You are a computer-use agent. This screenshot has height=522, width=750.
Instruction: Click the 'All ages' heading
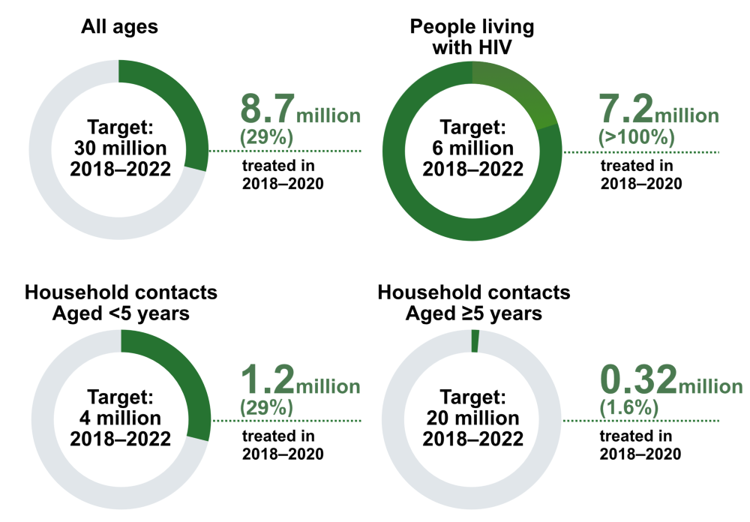[x=119, y=28]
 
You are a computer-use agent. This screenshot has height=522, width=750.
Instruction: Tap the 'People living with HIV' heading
[x=472, y=37]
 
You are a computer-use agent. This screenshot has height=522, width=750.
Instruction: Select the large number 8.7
[x=267, y=110]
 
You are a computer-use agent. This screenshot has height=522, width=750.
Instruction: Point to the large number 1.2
[x=267, y=380]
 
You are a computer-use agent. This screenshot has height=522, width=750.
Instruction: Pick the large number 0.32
[x=638, y=380]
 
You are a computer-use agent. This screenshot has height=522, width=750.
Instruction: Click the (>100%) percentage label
[x=637, y=138]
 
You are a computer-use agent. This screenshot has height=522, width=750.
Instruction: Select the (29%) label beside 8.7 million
[x=266, y=138]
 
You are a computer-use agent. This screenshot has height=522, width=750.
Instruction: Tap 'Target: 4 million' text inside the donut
[x=120, y=417]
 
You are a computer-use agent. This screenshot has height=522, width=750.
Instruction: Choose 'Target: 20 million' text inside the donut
[x=473, y=417]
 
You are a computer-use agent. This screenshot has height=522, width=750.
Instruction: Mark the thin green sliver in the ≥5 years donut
[x=475, y=340]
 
